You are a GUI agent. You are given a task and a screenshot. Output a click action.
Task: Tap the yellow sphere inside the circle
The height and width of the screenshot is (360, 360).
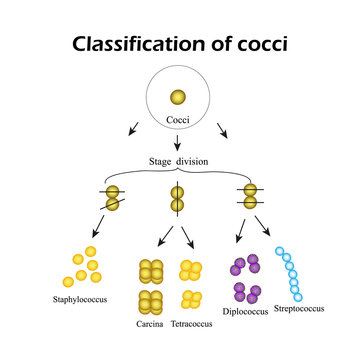[x=177, y=97]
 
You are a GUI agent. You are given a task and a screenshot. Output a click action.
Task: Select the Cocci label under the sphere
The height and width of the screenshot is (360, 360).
[x=178, y=121]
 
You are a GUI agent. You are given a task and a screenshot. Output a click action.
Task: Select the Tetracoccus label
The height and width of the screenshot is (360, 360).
[x=191, y=325]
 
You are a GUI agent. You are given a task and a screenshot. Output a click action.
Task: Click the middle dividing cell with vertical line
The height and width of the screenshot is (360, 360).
[x=177, y=199]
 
